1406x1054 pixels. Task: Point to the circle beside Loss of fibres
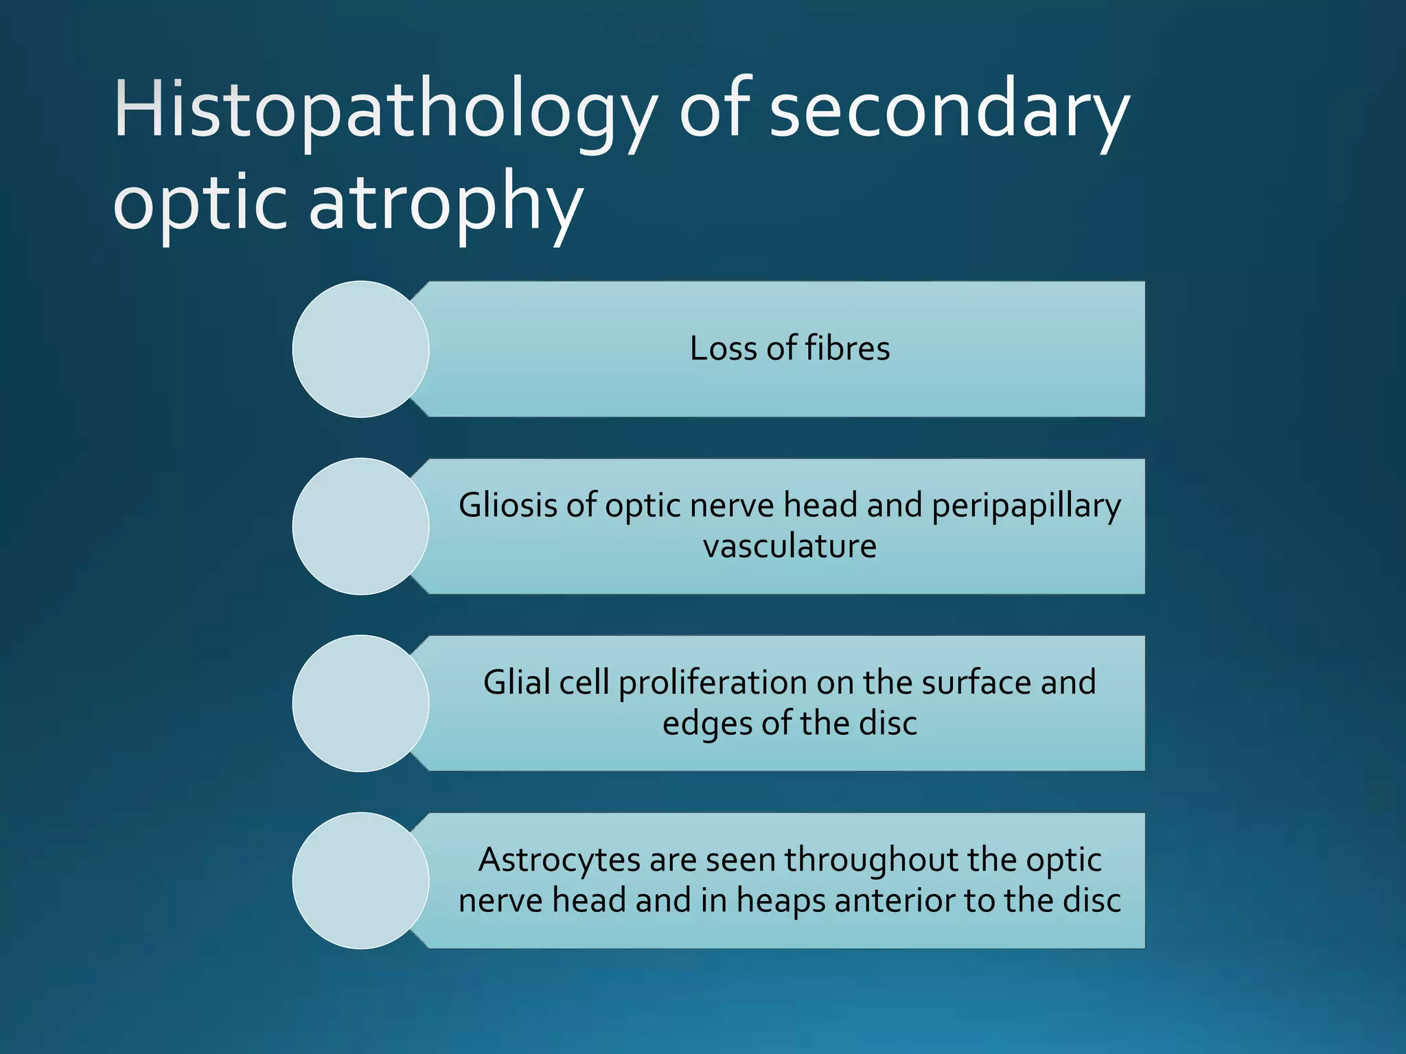pos(360,349)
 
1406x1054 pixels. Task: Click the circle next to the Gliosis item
pos(360,526)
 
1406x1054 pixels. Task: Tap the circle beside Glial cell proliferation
pos(360,703)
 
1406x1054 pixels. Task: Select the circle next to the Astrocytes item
pos(360,880)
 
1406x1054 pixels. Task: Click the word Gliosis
pos(507,506)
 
